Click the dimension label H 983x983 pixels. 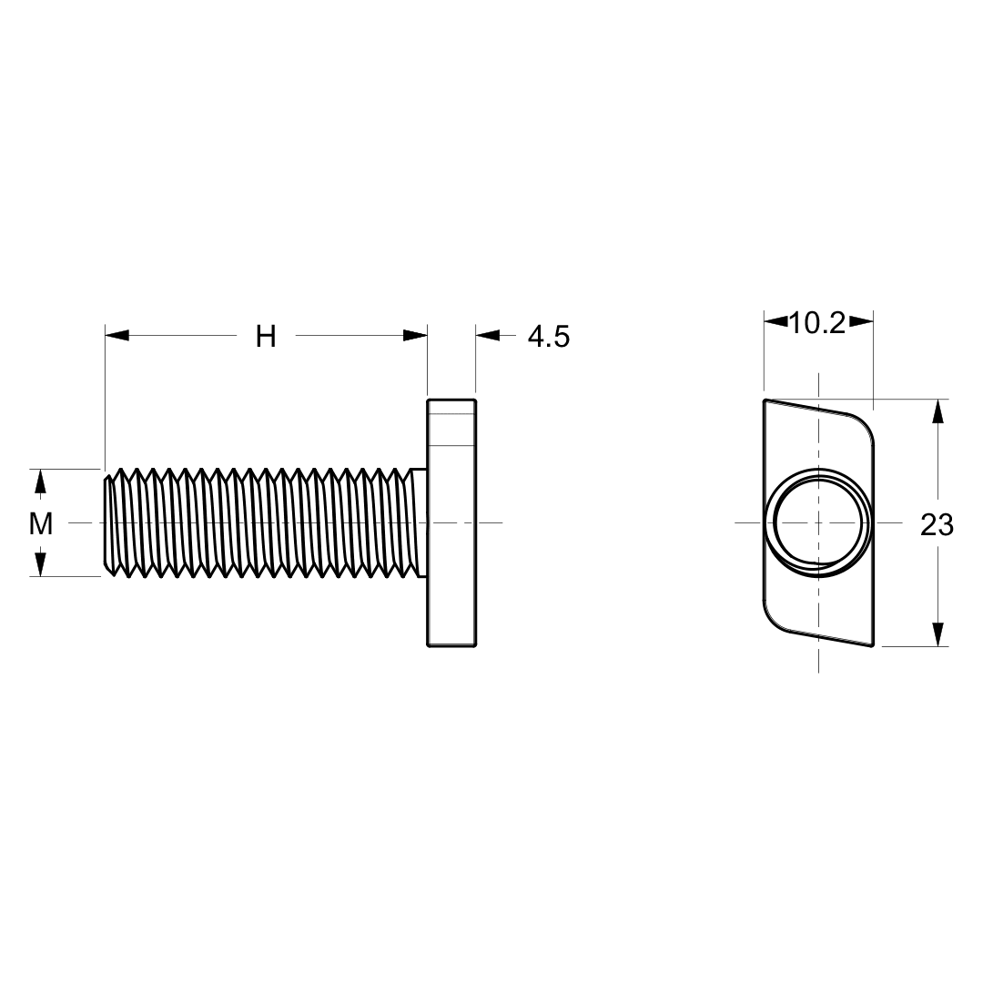point(265,337)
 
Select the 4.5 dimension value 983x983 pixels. point(549,337)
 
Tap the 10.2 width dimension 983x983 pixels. point(817,322)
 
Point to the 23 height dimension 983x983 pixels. point(937,524)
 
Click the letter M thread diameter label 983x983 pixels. point(40,523)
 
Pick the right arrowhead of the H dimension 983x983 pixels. point(415,336)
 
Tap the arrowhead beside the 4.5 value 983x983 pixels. point(488,336)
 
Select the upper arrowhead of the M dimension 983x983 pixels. point(39,481)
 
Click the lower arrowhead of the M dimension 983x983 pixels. point(39,564)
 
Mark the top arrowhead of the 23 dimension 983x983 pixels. point(937,411)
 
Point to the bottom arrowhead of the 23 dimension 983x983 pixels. point(937,634)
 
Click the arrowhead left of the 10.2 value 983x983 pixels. point(775,320)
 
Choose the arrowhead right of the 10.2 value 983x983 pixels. point(861,320)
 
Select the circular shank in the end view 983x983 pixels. point(818,523)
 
